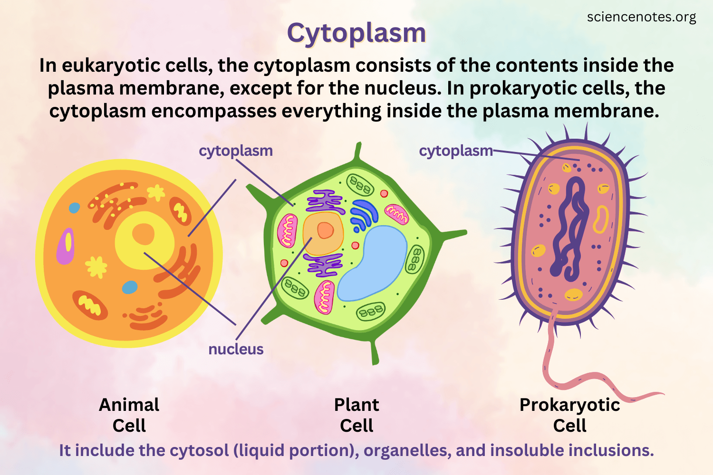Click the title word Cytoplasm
[x=356, y=33]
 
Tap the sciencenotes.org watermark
[x=641, y=17]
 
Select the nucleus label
[x=236, y=349]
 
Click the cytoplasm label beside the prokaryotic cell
[x=455, y=151]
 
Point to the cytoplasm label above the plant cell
[x=236, y=151]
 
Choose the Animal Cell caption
[x=129, y=415]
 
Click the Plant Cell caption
[x=356, y=415]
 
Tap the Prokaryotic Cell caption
[x=569, y=415]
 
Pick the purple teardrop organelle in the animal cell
[x=66, y=246]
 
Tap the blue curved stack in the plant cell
[x=364, y=214]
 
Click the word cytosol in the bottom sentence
[x=199, y=450]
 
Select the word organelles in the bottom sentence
[x=407, y=450]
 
